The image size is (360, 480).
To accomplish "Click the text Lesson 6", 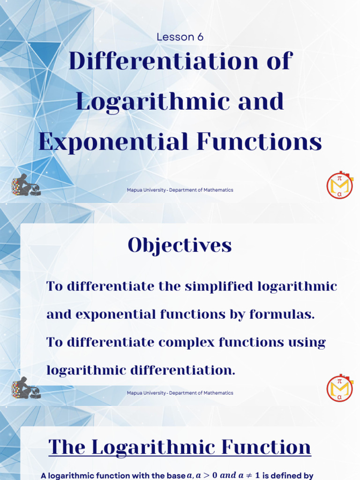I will click(x=180, y=37).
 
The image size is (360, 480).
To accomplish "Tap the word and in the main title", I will click(x=261, y=102).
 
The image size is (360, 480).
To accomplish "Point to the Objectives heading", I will click(x=180, y=245).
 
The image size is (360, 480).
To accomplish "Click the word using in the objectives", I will click(x=307, y=343).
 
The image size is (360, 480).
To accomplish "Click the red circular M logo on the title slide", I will click(x=339, y=186).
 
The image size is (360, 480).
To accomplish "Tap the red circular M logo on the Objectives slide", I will click(x=339, y=389).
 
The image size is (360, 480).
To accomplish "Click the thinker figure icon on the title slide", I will click(x=26, y=185).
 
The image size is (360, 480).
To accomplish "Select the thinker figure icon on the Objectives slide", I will click(x=26, y=388).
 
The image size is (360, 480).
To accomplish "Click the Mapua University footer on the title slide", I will click(x=180, y=190).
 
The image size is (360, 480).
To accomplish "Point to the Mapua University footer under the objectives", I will click(x=180, y=393).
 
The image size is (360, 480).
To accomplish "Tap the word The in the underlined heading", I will click(x=67, y=447).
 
